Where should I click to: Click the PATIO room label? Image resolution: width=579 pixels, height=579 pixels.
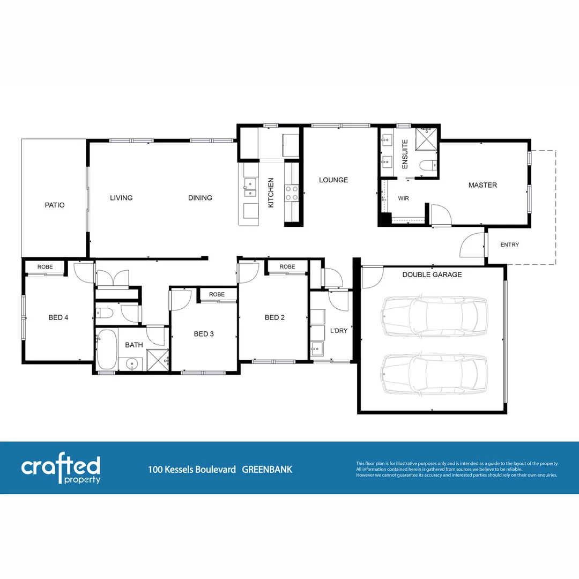tap(55, 205)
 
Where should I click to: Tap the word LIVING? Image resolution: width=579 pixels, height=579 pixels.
tap(121, 198)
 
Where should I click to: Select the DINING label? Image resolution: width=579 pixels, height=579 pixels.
tap(200, 198)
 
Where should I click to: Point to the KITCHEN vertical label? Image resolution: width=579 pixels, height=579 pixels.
tap(271, 193)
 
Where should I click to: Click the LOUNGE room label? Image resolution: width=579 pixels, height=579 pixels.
tap(333, 180)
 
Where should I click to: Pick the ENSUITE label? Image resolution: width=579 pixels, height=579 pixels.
tap(405, 154)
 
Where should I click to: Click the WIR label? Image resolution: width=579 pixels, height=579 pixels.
tap(404, 198)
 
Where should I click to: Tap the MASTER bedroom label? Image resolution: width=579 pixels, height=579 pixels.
tap(482, 185)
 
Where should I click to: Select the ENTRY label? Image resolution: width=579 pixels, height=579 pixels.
tap(509, 245)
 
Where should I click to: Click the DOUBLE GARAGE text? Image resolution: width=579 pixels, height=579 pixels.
tap(432, 274)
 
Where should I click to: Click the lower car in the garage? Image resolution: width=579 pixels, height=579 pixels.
tap(434, 374)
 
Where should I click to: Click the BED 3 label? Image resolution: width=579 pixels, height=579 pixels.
tap(204, 334)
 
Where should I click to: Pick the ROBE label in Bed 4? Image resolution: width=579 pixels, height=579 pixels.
tap(44, 266)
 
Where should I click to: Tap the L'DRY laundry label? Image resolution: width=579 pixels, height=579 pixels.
tap(339, 331)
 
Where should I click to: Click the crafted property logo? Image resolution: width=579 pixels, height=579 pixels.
tap(61, 469)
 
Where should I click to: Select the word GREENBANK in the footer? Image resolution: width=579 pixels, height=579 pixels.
tap(267, 470)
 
